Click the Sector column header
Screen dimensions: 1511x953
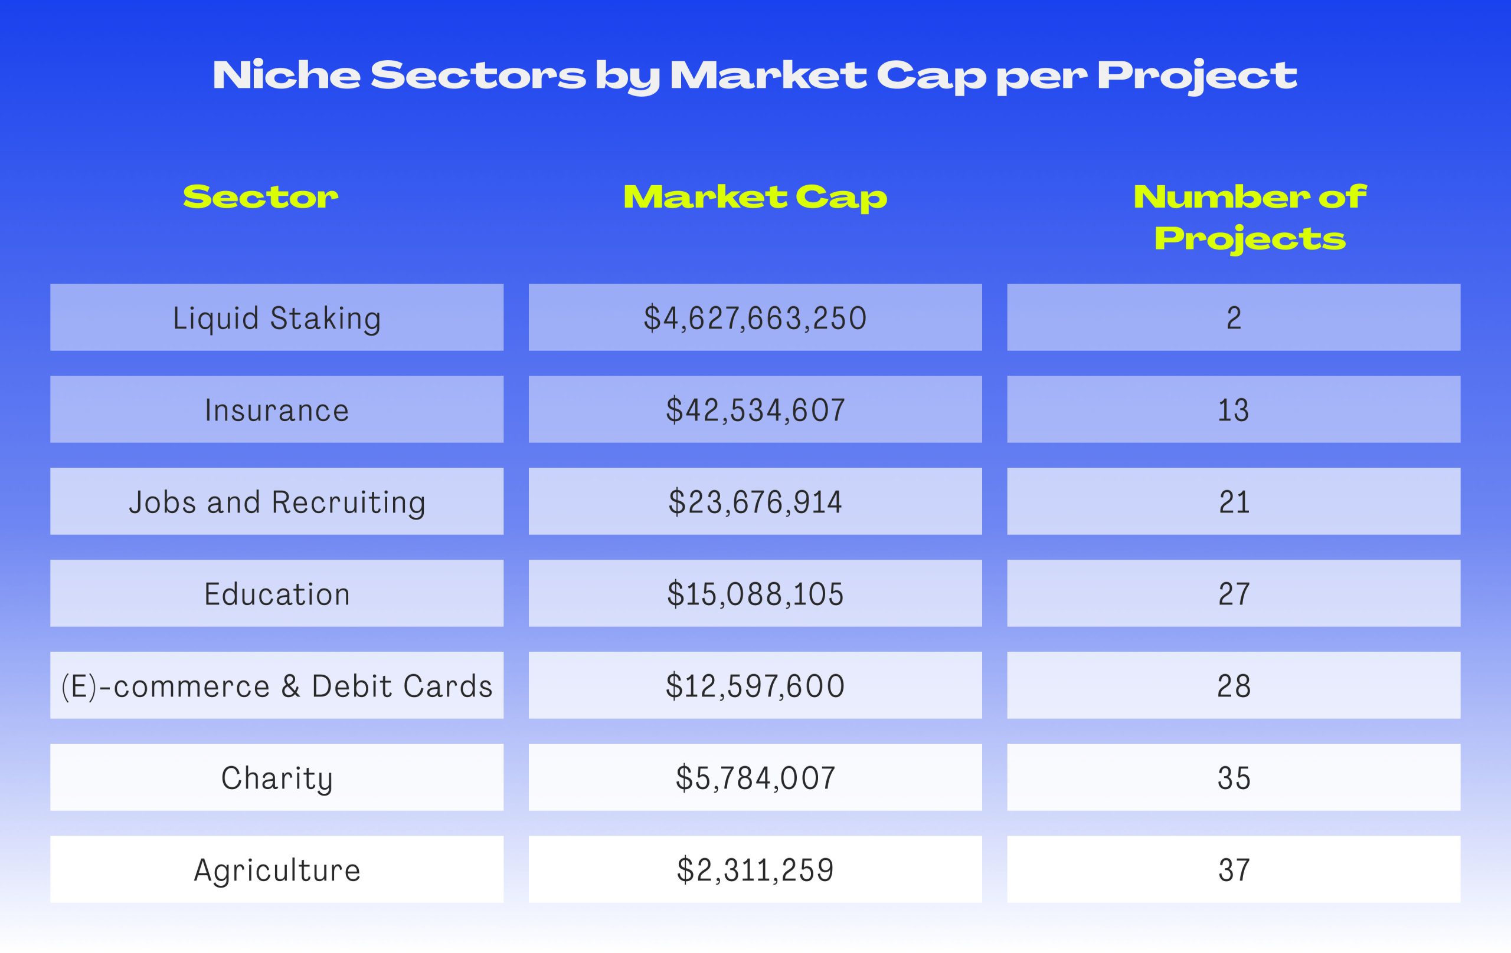point(260,197)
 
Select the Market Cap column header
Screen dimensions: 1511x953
point(755,198)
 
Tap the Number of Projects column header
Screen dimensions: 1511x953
point(1250,218)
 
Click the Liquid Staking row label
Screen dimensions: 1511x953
point(277,318)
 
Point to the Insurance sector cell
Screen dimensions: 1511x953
point(277,410)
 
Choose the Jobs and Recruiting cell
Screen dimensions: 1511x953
point(277,502)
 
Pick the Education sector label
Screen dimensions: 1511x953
point(277,594)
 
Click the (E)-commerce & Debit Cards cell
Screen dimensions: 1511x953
point(277,686)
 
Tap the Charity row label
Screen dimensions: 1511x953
point(277,778)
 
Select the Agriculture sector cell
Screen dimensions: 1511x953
point(277,870)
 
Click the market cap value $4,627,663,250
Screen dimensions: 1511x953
point(755,318)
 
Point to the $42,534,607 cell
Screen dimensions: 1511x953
point(755,410)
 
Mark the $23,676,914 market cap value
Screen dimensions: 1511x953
point(755,502)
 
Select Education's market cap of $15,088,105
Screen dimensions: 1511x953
point(755,594)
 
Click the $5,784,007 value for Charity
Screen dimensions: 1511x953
point(755,778)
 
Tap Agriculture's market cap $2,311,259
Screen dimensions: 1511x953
point(755,870)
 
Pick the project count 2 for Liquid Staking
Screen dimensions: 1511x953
point(1234,318)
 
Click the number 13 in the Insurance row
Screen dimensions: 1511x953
point(1234,410)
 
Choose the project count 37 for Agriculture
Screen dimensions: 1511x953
point(1234,870)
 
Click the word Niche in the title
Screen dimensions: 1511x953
point(287,75)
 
